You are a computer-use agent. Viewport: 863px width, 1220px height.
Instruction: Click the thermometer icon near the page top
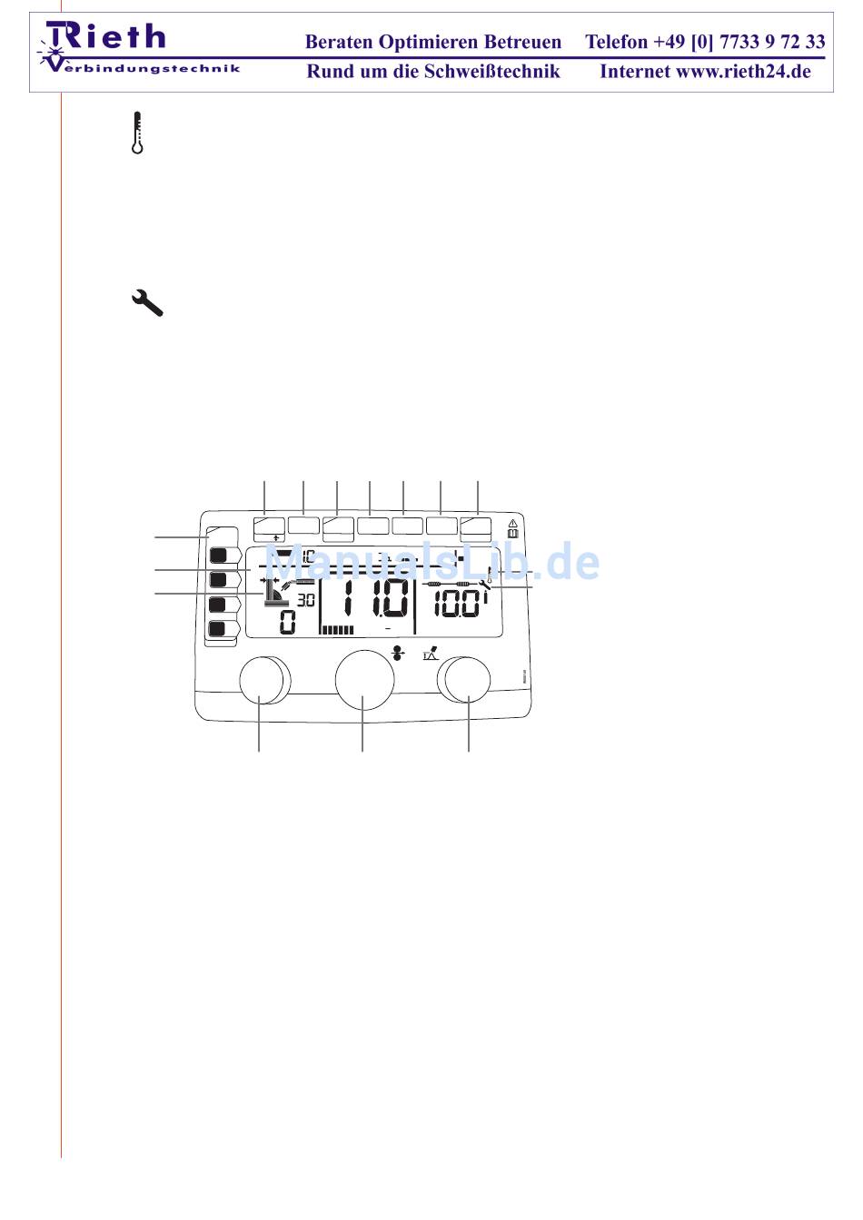click(137, 133)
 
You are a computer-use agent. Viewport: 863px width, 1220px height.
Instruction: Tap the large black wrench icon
click(147, 302)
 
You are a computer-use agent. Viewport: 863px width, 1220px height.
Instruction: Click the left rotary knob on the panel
click(262, 680)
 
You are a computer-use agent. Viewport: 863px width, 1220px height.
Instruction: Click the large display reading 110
click(371, 600)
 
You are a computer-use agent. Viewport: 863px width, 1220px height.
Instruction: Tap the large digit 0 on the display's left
click(287, 622)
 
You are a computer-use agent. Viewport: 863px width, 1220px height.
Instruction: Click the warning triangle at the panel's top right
click(513, 524)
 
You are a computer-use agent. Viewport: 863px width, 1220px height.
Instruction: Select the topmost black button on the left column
click(218, 554)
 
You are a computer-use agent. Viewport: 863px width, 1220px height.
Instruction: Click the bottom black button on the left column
click(218, 628)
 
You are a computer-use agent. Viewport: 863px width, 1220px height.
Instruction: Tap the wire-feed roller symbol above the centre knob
click(397, 652)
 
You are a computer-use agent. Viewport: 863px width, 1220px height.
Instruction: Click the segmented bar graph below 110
click(338, 629)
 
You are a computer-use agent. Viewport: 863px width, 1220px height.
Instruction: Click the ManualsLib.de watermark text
click(432, 564)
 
